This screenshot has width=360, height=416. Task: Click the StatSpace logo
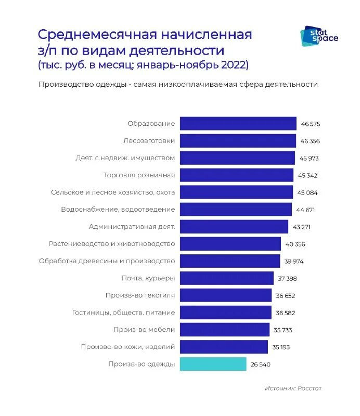(x=319, y=36)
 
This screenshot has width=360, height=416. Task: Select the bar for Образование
(x=238, y=124)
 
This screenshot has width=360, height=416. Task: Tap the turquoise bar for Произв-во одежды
(x=213, y=364)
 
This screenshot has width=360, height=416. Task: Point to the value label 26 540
(x=260, y=365)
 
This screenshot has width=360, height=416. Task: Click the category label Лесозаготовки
(x=149, y=141)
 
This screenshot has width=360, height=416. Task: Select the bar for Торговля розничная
(x=237, y=175)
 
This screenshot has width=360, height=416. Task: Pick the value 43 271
(x=304, y=227)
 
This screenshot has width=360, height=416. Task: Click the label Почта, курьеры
(x=148, y=278)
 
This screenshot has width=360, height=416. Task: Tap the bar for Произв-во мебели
(x=225, y=330)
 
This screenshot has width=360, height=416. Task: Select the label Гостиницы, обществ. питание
(x=123, y=313)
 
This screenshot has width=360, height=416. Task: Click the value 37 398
(x=287, y=279)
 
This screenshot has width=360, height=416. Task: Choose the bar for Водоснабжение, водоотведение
(x=236, y=210)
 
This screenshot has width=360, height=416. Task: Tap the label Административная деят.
(x=132, y=227)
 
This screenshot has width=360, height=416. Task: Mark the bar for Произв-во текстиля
(x=226, y=295)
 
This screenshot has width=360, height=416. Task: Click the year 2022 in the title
(x=233, y=65)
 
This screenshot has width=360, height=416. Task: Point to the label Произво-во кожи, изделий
(x=127, y=347)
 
